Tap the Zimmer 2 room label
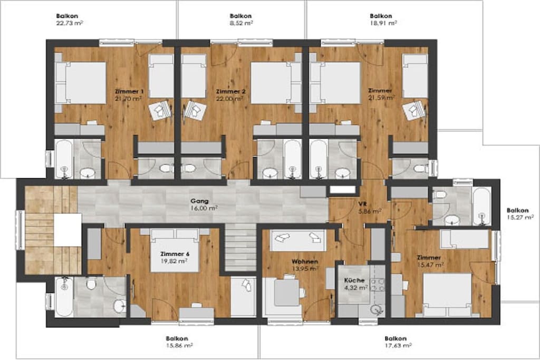(x=231, y=92)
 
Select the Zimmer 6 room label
(x=175, y=254)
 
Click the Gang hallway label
(x=200, y=201)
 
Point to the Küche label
(x=354, y=280)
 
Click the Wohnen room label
(x=305, y=261)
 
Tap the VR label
(x=362, y=204)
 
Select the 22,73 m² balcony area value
(x=69, y=23)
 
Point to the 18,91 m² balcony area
(x=383, y=23)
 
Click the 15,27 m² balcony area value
(x=520, y=217)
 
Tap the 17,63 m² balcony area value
(x=398, y=345)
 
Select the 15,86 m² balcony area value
(x=179, y=345)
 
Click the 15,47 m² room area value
(x=430, y=265)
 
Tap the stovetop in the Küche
(x=377, y=285)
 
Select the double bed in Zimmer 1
(x=81, y=83)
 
